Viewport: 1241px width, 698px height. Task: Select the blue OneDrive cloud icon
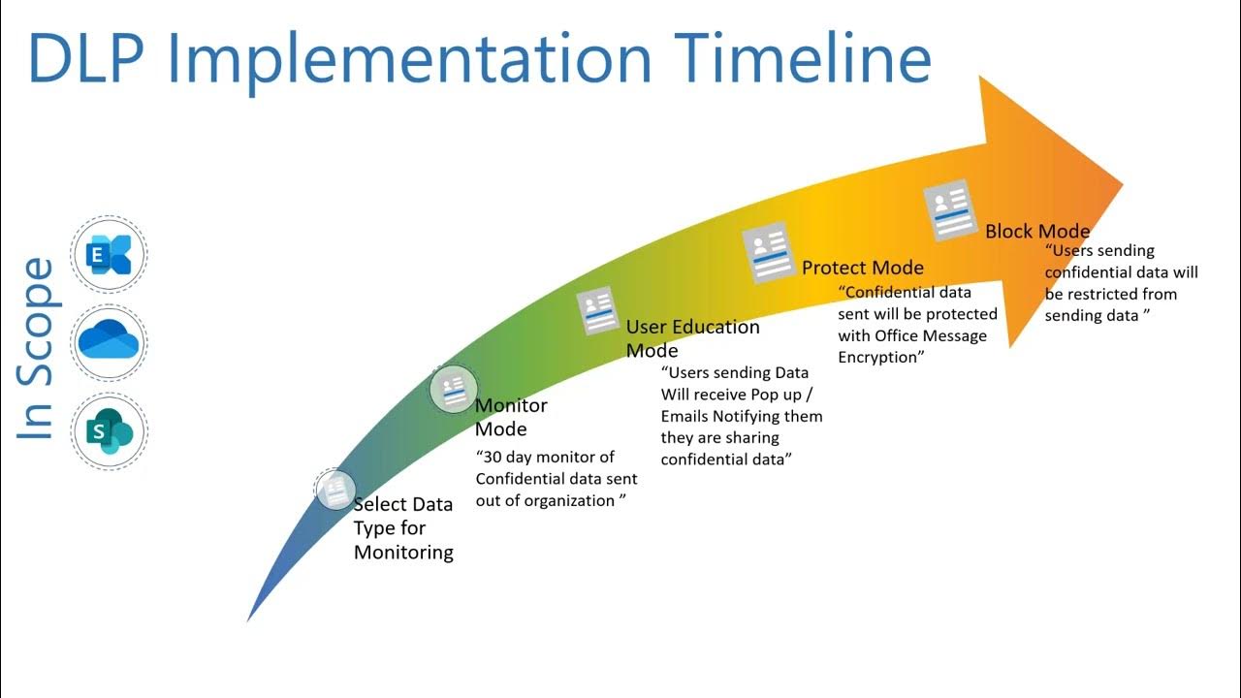(109, 342)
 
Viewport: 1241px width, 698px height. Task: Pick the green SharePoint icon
(109, 431)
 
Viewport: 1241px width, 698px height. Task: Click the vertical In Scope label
(37, 348)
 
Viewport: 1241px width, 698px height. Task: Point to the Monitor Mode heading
(511, 417)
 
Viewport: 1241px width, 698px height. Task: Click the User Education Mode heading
(691, 337)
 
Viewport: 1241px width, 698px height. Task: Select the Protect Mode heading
(862, 268)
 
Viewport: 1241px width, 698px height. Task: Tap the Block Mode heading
(1037, 231)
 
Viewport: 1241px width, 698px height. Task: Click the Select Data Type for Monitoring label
(403, 528)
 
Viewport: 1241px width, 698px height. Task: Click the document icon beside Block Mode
(949, 209)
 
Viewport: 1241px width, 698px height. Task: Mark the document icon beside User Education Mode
(597, 312)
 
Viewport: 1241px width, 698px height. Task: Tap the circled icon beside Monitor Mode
(453, 390)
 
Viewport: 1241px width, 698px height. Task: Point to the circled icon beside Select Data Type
(335, 490)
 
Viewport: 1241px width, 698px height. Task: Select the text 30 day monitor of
(544, 457)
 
